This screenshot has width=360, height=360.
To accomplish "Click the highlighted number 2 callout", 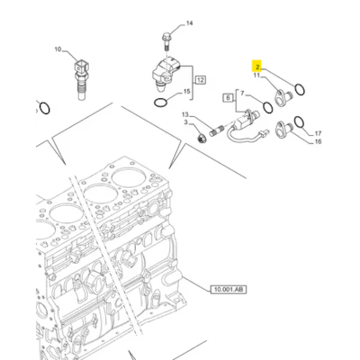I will [256, 67].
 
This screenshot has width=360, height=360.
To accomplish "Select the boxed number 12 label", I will [201, 81].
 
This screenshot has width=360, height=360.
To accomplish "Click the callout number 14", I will [189, 22].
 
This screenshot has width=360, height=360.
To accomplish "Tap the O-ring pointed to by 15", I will [161, 106].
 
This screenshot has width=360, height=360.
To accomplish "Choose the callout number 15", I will [187, 93].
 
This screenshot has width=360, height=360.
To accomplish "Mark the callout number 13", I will [184, 115].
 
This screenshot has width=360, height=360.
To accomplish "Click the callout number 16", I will [317, 140].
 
